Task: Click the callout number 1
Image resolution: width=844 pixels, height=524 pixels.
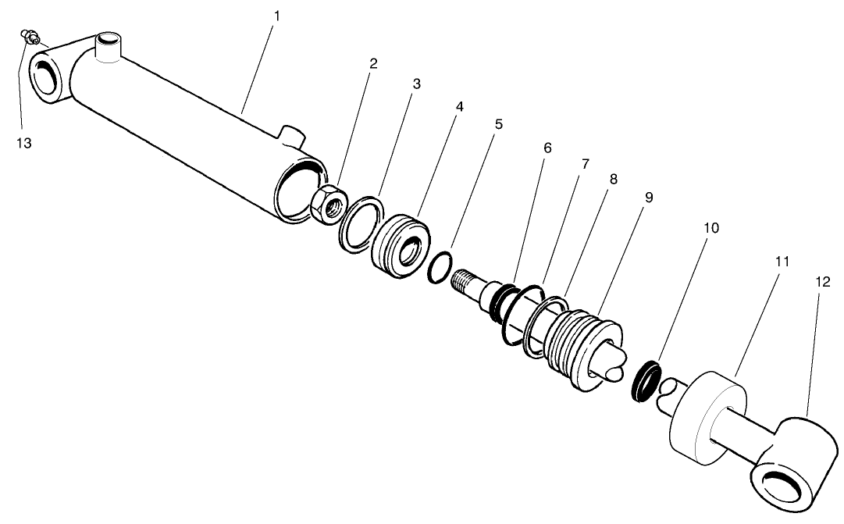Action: coord(274,16)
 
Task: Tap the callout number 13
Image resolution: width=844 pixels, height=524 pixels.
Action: coord(25,143)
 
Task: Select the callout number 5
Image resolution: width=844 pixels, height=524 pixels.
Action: coord(498,123)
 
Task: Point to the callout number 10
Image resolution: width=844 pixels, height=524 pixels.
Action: coord(710,228)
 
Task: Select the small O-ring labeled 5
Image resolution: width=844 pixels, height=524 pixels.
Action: coord(440,266)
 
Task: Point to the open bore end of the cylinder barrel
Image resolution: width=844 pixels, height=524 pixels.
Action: coord(299,190)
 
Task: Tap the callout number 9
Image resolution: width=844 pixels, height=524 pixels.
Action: coord(648,197)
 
